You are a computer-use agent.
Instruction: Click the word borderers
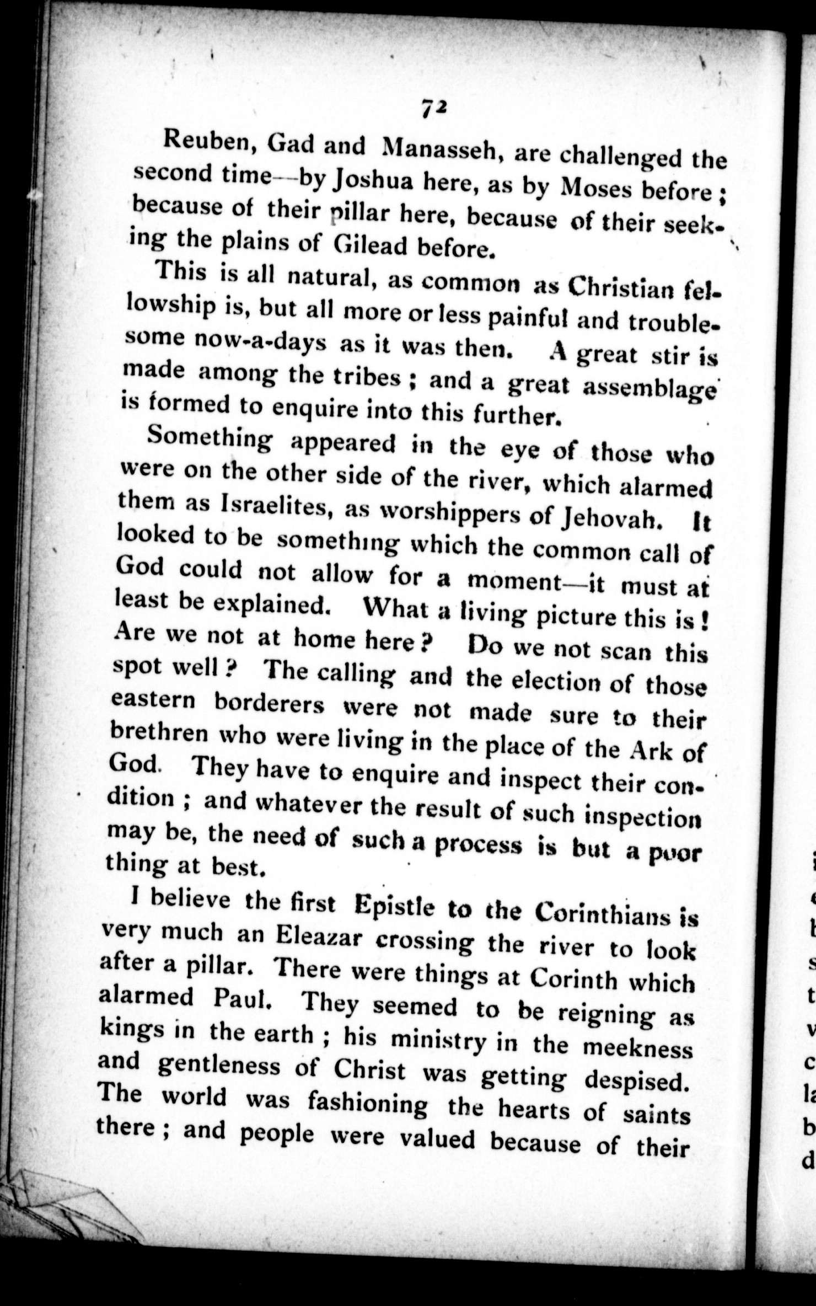pyautogui.click(x=269, y=704)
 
